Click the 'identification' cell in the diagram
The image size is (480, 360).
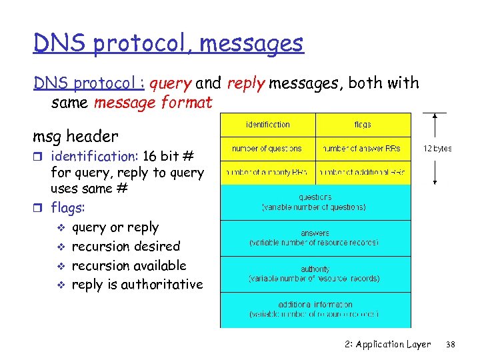(267, 125)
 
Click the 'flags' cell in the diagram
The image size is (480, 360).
(363, 125)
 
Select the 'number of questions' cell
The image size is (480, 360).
(267, 149)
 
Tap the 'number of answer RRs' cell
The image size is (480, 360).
(363, 149)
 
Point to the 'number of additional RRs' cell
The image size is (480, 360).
(363, 173)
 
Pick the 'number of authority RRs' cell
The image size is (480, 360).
(267, 173)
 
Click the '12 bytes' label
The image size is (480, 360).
(437, 149)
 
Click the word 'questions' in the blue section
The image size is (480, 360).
(315, 197)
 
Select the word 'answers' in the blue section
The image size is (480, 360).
(315, 234)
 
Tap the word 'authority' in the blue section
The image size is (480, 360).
(315, 269)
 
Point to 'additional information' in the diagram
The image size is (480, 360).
(315, 305)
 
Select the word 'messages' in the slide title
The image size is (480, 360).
(251, 44)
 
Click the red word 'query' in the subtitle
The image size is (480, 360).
(171, 83)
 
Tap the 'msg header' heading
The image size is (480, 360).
(75, 137)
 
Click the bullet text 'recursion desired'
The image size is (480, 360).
(125, 247)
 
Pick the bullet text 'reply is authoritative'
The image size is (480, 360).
(137, 285)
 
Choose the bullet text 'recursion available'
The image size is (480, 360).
(129, 265)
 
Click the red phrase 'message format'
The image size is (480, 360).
(153, 103)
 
